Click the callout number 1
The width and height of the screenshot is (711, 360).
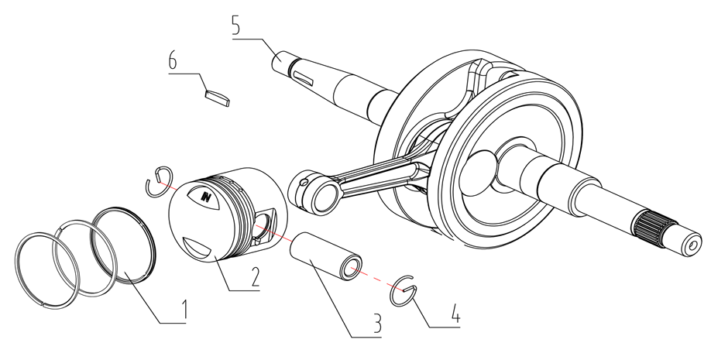coord(184,310)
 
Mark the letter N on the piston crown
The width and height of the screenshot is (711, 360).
coord(206,197)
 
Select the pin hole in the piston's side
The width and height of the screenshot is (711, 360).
coord(263,225)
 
